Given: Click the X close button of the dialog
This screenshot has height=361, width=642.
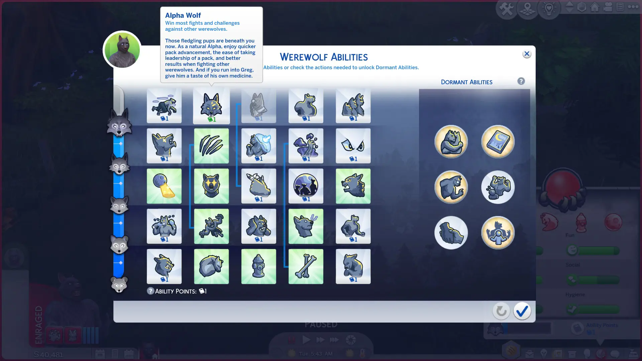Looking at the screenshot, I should click(x=527, y=54).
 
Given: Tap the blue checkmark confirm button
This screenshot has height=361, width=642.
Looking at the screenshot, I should click(x=522, y=311).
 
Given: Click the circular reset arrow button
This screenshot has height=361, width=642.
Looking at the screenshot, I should click(x=501, y=311).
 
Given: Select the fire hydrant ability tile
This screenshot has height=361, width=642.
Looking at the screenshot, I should click(x=258, y=266).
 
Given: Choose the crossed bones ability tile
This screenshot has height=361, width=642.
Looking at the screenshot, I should click(x=306, y=266).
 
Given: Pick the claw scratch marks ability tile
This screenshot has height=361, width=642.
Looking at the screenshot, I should click(x=211, y=146).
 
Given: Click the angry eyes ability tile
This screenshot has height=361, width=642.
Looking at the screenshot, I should click(x=353, y=146).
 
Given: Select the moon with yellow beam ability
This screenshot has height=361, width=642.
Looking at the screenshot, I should click(x=164, y=186).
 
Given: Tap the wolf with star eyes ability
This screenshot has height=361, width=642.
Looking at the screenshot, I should click(x=211, y=186).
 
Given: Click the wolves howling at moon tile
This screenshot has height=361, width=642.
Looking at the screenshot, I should click(x=306, y=186).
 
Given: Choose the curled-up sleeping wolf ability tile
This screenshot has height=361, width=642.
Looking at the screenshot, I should click(x=211, y=266).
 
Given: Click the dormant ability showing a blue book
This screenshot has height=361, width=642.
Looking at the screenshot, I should click(x=498, y=141).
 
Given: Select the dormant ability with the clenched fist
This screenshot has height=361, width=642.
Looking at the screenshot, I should click(x=451, y=233).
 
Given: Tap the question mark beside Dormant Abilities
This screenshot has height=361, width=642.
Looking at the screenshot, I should click(x=521, y=81).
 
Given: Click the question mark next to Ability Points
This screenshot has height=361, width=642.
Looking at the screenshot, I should click(x=150, y=291).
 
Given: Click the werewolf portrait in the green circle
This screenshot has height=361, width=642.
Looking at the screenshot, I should click(x=122, y=50).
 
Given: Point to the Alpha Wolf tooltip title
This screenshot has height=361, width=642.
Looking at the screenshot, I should click(x=183, y=15).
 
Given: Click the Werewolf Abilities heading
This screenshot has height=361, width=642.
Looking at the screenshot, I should click(x=324, y=57).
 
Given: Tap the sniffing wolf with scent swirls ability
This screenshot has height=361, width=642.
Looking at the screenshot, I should click(x=306, y=226).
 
